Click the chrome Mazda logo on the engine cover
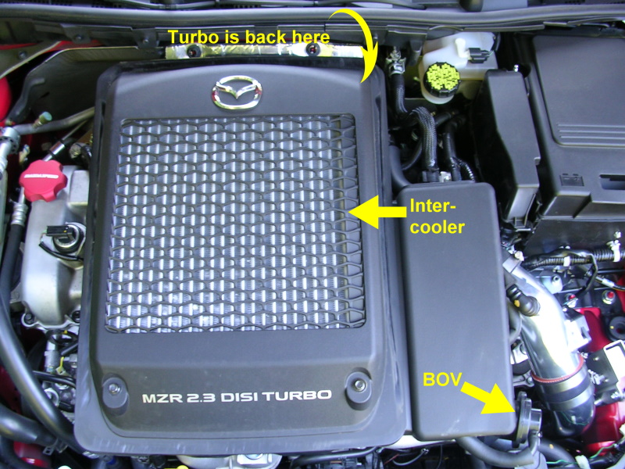click(x=237, y=93)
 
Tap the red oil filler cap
click(x=43, y=181)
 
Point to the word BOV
click(x=441, y=380)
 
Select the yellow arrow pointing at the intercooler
click(x=377, y=212)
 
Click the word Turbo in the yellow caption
click(x=193, y=37)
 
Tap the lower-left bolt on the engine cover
click(x=115, y=388)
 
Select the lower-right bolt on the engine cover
click(x=359, y=385)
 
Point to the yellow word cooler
click(x=437, y=227)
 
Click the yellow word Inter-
click(x=433, y=206)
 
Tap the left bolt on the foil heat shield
click(x=194, y=51)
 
